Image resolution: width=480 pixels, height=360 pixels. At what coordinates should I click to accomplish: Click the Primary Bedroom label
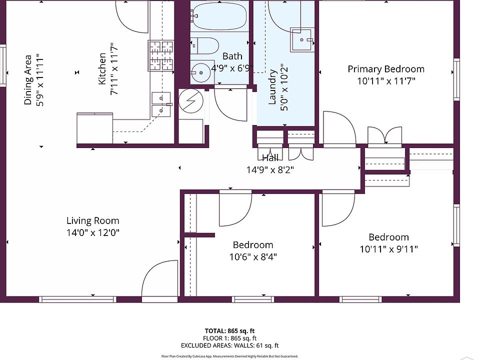pos(386,69)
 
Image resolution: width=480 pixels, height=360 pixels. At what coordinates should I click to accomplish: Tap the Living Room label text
pos(93,220)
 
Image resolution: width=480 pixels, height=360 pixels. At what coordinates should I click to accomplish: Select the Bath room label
pos(232,56)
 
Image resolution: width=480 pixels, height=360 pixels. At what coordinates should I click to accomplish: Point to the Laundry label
pos(272,87)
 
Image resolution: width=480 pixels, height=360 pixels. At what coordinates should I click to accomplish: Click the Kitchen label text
pos(102,68)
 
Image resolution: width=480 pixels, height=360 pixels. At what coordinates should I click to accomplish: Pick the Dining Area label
pos(28,80)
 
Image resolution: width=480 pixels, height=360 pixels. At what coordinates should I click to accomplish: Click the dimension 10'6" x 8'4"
pos(253,256)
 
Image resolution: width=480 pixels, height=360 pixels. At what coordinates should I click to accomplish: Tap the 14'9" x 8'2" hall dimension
pos(270,169)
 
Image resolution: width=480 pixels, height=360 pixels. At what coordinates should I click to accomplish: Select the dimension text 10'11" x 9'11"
pos(388,249)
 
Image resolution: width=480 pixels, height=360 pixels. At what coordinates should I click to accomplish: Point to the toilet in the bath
pos(204,45)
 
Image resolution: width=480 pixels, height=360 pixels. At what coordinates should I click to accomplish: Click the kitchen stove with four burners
pos(161,55)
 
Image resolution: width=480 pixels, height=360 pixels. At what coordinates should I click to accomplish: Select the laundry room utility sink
pos(302,39)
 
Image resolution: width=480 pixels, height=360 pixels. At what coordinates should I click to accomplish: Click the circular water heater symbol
pos(191,101)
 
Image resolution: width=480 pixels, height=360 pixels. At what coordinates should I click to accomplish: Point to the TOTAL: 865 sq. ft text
pos(229,331)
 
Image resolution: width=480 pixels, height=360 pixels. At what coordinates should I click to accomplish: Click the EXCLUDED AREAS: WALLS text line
pos(229,345)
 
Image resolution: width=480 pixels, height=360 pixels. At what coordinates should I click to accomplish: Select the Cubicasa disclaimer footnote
pos(229,356)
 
